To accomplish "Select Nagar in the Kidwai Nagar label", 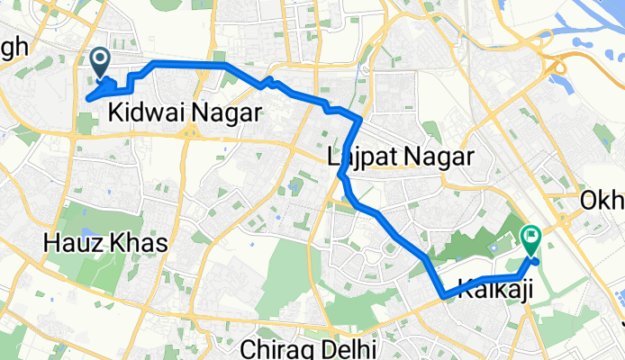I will pyautogui.click(x=225, y=112).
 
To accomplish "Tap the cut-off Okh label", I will pyautogui.click(x=603, y=200).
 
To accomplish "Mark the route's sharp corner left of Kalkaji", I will pyautogui.click(x=442, y=294).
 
